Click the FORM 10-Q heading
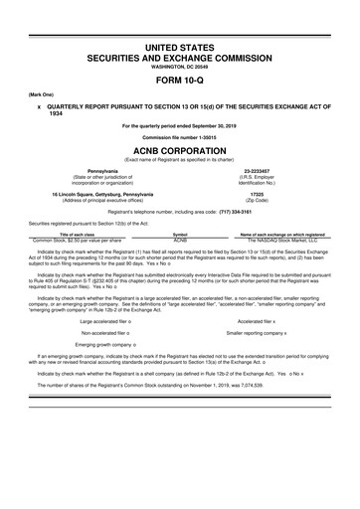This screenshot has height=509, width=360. point(180,83)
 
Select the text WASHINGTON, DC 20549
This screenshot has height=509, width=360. point(180,67)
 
